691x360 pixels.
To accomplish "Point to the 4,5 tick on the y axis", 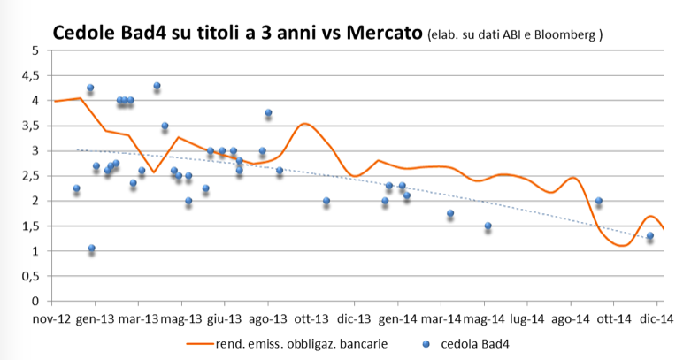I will (x=31, y=76).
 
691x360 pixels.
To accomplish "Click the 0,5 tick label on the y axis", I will (x=31, y=276).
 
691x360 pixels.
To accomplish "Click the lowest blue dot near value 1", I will (x=91, y=249).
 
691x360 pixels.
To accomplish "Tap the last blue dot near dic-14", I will (x=649, y=236).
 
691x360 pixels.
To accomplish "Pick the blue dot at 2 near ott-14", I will (x=599, y=201).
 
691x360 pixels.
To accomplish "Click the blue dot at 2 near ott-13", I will (x=326, y=201).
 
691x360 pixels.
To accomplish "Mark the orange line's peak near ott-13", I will (x=304, y=124).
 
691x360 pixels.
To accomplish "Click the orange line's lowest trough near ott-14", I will (x=619, y=245).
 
